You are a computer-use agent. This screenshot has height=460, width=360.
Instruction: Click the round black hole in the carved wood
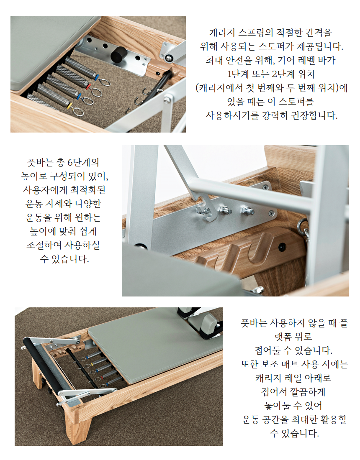point(282,247)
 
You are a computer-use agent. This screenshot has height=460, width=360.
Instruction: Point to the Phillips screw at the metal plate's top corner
point(266,187)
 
